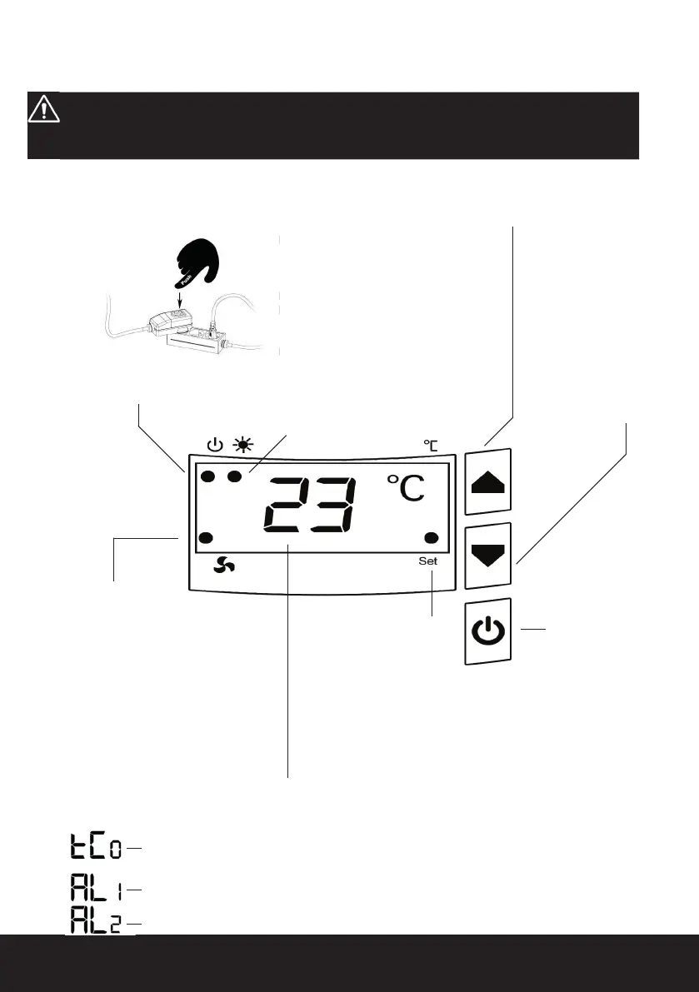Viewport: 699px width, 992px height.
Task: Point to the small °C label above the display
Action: point(431,446)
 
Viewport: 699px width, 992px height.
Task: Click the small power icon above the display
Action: point(214,445)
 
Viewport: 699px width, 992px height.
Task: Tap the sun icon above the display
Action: point(244,445)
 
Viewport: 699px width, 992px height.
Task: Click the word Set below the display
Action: point(427,561)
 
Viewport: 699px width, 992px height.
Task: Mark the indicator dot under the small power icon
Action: point(208,477)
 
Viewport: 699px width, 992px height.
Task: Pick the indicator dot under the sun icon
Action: point(235,477)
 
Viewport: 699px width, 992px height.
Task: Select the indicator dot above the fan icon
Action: point(208,537)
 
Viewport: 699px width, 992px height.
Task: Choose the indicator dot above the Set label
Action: point(432,537)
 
